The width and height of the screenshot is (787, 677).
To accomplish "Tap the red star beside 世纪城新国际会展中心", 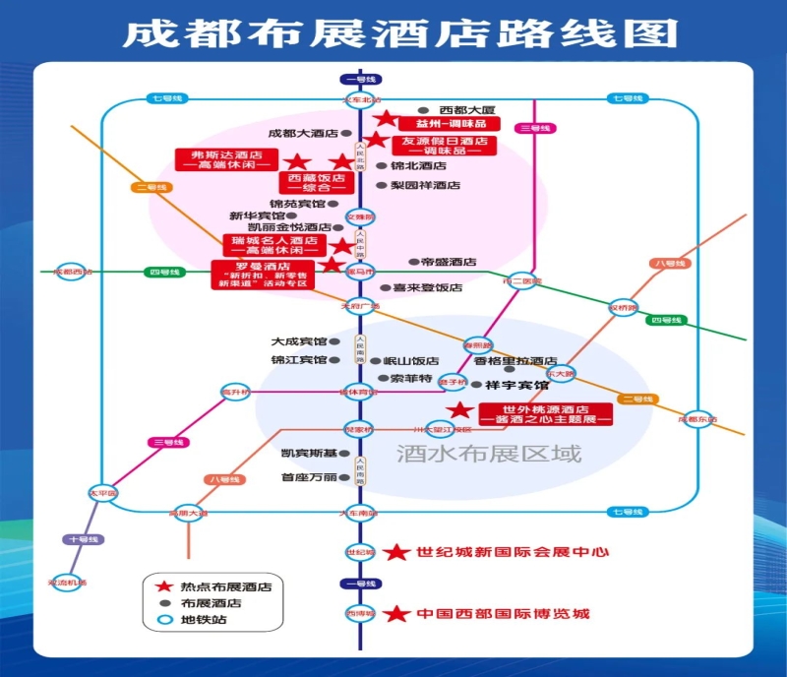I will point(396,553).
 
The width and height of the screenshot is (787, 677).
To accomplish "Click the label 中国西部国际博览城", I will point(502,614).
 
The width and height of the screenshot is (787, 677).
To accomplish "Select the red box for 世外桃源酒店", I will point(545,414).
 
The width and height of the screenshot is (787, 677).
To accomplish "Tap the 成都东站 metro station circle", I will point(696,419).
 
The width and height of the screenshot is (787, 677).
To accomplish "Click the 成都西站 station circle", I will point(70,272).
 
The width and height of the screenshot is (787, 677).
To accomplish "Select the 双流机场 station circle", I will point(67,583).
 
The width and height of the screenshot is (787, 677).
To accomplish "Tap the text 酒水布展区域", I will point(489,455).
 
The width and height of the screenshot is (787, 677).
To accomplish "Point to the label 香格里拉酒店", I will point(515,361).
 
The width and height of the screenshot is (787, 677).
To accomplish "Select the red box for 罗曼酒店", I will point(264,274).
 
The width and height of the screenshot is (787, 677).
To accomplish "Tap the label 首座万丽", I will point(309,477).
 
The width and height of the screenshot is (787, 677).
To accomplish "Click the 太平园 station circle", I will point(102,493).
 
